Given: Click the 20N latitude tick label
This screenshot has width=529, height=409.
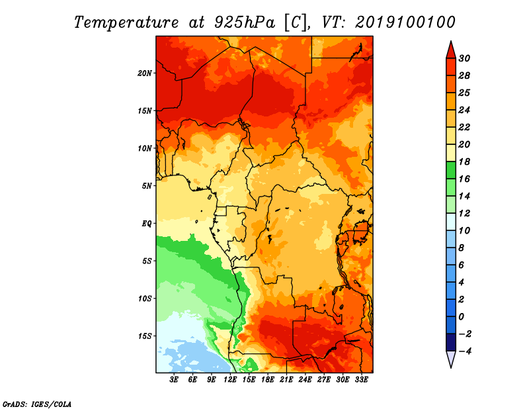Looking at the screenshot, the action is [144, 73].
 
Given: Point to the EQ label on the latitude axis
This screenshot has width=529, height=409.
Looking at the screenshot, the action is [146, 224].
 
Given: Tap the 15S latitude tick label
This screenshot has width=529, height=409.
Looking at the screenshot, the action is [145, 336].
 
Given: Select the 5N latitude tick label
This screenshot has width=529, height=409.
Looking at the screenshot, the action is [146, 186].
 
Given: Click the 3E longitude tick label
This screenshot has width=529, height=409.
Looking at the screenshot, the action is [174, 380].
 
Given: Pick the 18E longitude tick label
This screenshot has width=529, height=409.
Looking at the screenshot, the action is [268, 380].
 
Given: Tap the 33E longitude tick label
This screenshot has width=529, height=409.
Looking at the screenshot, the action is [361, 380].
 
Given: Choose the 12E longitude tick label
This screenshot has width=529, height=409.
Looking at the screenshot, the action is [230, 380].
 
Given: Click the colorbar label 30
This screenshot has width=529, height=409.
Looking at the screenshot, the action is [464, 58].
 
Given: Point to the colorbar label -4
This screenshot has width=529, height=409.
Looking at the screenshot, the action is [465, 351].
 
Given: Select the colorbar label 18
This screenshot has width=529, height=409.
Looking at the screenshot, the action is [464, 161].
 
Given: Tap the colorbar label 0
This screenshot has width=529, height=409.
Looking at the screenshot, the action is [461, 317].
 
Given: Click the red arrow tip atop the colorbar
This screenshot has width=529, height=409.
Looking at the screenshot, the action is [451, 42].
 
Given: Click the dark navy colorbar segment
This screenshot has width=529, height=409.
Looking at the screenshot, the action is [451, 342].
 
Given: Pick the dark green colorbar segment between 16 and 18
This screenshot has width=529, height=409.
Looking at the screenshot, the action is [451, 170].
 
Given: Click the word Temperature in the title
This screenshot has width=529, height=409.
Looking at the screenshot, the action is [126, 23].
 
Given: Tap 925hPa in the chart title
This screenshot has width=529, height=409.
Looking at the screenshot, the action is [245, 23].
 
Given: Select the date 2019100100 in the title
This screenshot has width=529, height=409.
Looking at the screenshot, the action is [405, 23].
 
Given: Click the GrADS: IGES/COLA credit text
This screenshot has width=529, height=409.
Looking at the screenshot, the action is [37, 404].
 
